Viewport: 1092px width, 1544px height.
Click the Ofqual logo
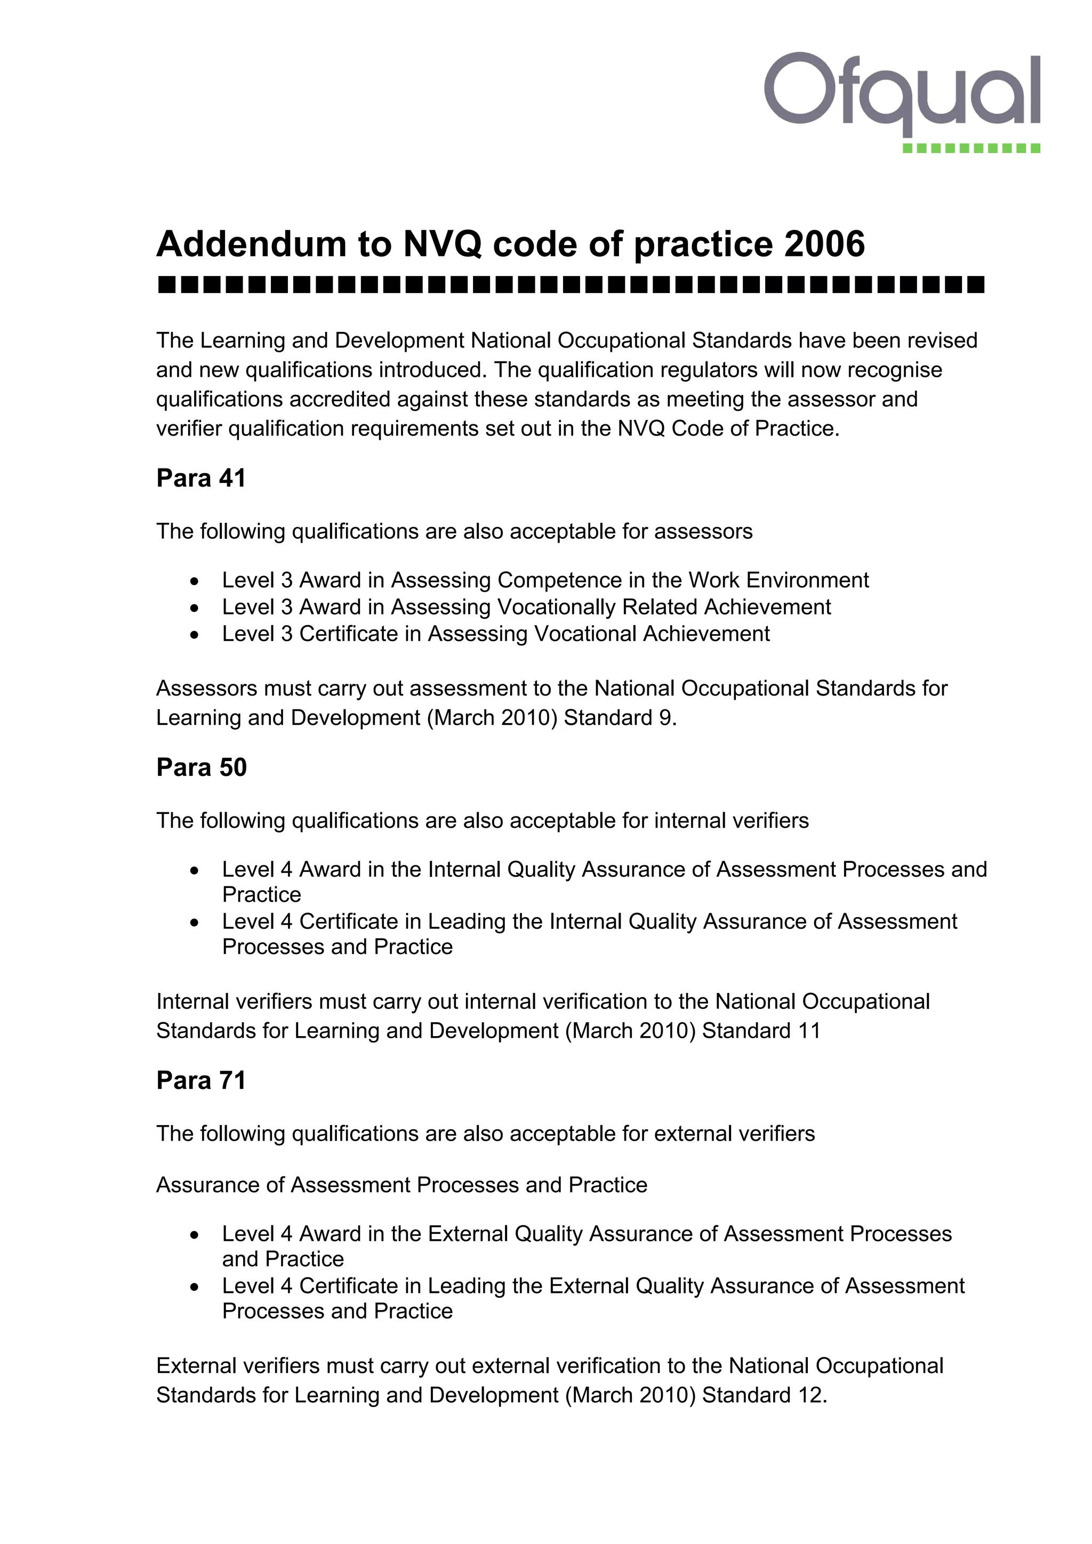point(902,94)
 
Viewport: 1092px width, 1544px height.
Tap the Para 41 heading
point(201,478)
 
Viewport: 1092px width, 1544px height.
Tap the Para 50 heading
point(201,767)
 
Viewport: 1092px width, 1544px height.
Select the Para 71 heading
point(201,1080)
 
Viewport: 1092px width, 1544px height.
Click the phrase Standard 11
point(761,1031)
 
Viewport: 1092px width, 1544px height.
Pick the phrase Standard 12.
point(764,1395)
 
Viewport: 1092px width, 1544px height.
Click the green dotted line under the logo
point(971,148)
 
